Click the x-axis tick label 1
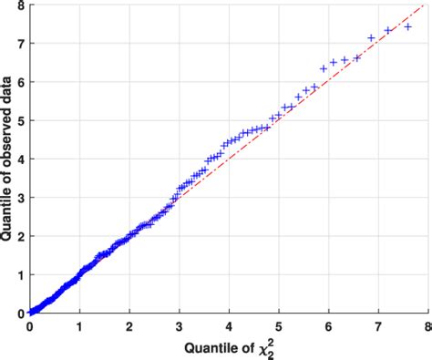pos(80,324)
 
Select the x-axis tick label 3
pos(180,324)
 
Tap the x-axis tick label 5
pos(280,324)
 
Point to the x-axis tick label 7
pos(379,324)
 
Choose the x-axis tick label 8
pos(427,324)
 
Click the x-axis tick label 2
pos(130,324)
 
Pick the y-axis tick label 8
pos(20,5)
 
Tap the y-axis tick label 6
pos(20,82)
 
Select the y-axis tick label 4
pos(20,159)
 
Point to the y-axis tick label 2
pos(20,236)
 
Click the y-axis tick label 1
pos(20,274)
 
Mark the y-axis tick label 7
pos(20,44)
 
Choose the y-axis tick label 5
pos(20,120)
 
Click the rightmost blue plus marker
pos(407,27)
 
